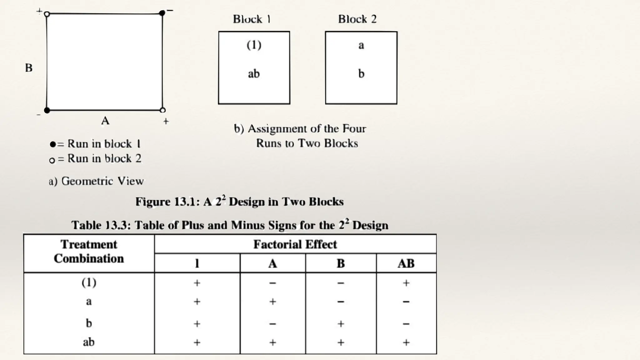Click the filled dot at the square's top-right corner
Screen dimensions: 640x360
coord(162,13)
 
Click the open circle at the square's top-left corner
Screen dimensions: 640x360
coord(47,14)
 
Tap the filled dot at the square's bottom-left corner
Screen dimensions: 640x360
coord(47,110)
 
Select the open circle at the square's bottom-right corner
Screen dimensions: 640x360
coord(162,110)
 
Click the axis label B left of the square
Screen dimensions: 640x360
coord(29,68)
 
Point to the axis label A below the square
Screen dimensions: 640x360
coord(105,121)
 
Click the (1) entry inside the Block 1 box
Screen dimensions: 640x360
coord(254,45)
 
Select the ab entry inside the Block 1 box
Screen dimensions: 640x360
coord(254,74)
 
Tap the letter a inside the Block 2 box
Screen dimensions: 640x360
coord(361,45)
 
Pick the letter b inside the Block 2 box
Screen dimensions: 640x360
coord(361,74)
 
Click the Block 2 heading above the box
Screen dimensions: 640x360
coord(357,19)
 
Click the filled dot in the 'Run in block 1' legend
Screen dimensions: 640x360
coord(52,144)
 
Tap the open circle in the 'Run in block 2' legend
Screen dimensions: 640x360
coord(52,160)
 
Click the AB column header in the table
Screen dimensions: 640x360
coord(406,263)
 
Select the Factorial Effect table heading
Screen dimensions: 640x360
coord(295,244)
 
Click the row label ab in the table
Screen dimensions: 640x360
coord(89,342)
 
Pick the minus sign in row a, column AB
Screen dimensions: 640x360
coord(406,302)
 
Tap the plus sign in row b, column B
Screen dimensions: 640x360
coord(341,323)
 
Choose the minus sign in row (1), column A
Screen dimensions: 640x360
coord(272,283)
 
